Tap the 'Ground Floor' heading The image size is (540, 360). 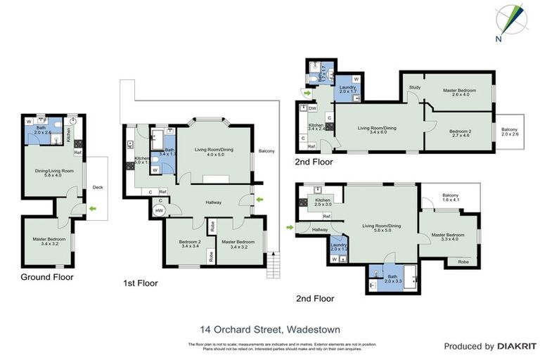click(x=44, y=276)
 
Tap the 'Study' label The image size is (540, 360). click(x=415, y=87)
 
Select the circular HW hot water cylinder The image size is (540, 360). click(x=159, y=210)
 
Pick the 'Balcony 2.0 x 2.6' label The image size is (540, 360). click(x=509, y=131)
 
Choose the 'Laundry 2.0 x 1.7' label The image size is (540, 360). click(x=348, y=90)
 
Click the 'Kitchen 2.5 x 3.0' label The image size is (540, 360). click(x=323, y=202)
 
